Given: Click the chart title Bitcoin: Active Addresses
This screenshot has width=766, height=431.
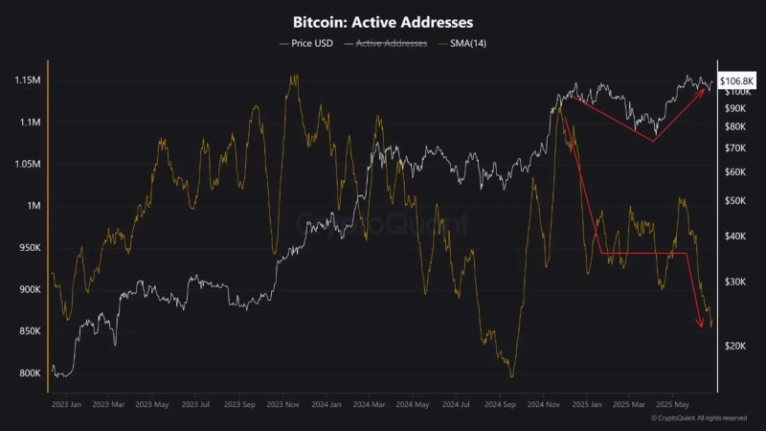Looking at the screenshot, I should (383, 20).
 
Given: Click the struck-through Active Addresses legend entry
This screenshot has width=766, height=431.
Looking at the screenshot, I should (392, 43).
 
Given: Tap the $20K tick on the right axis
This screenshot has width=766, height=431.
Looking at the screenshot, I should (735, 346).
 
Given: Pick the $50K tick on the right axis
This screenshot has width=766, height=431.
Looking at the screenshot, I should (735, 201).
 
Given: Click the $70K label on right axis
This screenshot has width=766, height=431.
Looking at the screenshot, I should (735, 148).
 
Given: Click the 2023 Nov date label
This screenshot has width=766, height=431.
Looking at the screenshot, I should (284, 405).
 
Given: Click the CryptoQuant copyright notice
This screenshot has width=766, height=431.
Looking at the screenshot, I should (698, 419).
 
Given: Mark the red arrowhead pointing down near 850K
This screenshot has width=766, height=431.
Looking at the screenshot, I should (700, 326).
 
